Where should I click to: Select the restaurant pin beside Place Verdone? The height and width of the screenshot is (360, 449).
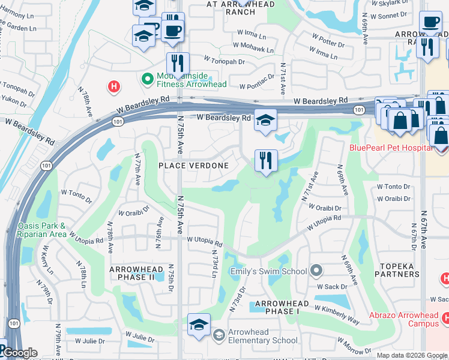pyautogui.click(x=265, y=161)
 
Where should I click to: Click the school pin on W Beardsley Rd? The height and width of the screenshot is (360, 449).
pyautogui.click(x=265, y=121)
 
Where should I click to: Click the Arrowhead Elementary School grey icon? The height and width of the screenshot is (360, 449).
pyautogui.click(x=220, y=334)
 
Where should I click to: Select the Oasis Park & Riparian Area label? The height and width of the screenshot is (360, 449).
pyautogui.click(x=41, y=230)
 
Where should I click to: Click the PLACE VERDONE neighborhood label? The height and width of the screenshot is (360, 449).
pyautogui.click(x=193, y=166)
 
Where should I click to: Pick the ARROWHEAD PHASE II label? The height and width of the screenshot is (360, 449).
pyautogui.click(x=136, y=274)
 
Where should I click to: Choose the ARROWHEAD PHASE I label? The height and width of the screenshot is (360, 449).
pyautogui.click(x=277, y=308)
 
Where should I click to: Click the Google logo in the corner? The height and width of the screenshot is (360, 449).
pyautogui.click(x=19, y=353)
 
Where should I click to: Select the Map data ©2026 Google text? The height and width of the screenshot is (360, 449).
pyautogui.click(x=411, y=355)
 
